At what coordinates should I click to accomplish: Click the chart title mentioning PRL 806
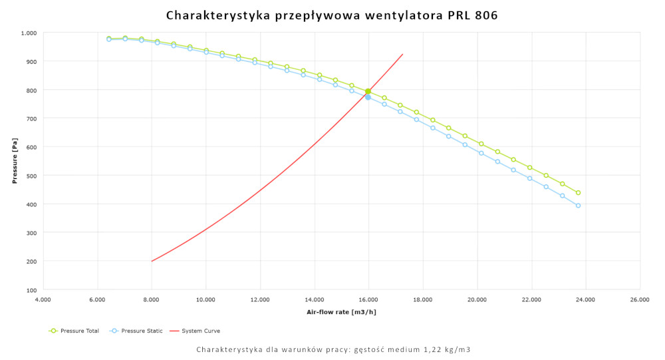coord(332,15)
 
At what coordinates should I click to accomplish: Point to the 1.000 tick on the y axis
coord(29,33)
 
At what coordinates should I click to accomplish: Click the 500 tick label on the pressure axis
coord(31,176)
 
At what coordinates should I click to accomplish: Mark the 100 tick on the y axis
coord(31,290)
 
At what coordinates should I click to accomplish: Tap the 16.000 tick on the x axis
coord(369,300)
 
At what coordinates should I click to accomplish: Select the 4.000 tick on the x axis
coord(43,300)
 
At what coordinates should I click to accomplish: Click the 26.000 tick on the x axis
coord(640,300)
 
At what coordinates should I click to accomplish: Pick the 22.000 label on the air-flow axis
coord(531,300)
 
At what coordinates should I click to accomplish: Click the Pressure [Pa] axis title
coord(14,161)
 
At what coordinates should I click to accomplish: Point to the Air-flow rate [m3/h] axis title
coord(340,311)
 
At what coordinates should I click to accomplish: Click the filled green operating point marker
coord(368,91)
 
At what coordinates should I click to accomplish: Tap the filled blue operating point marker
coord(368,97)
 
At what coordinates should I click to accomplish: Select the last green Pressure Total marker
coord(579,193)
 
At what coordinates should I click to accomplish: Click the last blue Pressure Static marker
coord(579,206)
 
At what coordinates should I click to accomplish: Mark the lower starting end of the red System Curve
coord(152,261)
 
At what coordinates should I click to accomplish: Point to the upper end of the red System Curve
coord(402,55)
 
